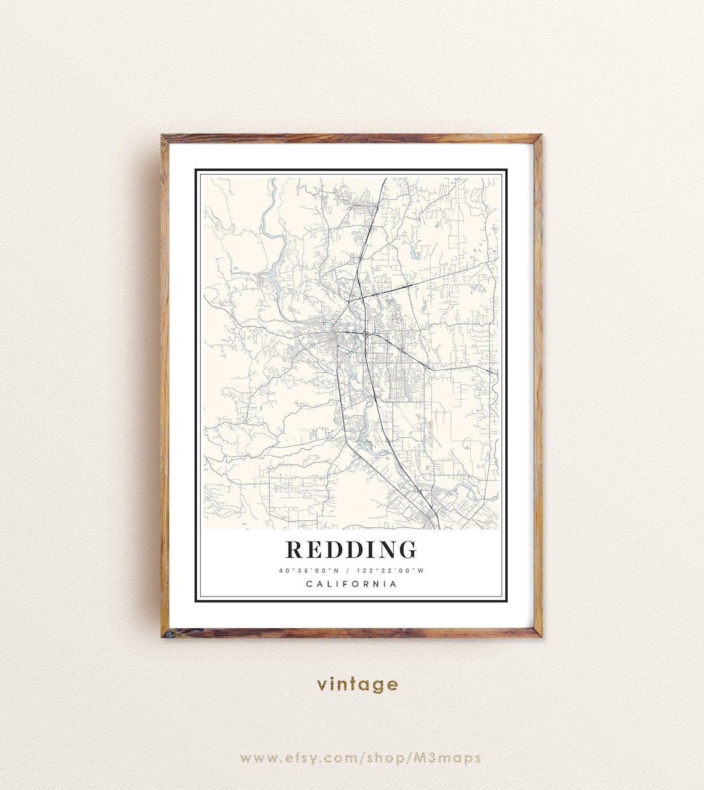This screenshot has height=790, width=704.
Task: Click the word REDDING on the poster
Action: (x=351, y=549)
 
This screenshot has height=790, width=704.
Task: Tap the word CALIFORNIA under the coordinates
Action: (x=351, y=584)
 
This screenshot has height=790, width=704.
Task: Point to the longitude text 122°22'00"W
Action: (x=395, y=571)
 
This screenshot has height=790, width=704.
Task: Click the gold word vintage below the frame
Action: (x=357, y=684)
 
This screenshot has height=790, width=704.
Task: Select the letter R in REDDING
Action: (x=295, y=549)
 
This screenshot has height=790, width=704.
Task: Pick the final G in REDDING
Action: (x=407, y=549)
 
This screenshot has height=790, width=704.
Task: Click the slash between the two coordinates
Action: (x=351, y=571)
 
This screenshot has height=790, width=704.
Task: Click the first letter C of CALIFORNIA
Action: (x=309, y=584)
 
